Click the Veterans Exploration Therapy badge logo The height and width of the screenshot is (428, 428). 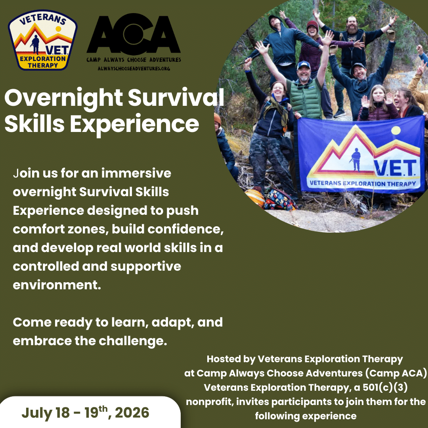(43, 40)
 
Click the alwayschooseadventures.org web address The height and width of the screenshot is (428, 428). (134, 69)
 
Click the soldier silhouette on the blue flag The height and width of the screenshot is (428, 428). (355, 160)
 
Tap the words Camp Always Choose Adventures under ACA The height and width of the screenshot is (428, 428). (134, 60)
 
